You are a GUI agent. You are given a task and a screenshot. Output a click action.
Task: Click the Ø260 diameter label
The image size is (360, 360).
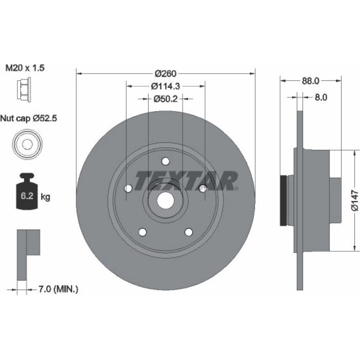pos(166,74)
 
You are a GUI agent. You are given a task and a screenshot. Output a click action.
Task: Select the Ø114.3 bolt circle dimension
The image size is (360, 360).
pos(165,86)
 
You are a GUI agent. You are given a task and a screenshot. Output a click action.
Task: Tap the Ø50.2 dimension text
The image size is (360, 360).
pos(165,99)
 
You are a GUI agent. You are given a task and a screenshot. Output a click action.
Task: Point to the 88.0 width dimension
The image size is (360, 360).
pos(310,81)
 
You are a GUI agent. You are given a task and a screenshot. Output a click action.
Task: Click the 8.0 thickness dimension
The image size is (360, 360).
pos(321,97)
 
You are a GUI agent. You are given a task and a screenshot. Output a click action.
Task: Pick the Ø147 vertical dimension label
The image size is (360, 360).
pos(355,200)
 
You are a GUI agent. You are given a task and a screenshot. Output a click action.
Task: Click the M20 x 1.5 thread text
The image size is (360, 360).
pos(25,68)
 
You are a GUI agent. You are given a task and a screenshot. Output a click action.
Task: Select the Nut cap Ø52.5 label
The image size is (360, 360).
pos(29,118)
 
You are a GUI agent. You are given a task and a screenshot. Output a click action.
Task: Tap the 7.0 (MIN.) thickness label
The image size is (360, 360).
pos(58,289)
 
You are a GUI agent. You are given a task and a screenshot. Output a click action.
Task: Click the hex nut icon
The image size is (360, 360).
pos(24,89)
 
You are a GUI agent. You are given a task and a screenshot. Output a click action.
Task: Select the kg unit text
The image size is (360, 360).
pos(45,197)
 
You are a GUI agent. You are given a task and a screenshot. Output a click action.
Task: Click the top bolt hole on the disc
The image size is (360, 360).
pos(166,161)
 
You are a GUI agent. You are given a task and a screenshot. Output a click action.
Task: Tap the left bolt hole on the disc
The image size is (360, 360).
pos(128,189)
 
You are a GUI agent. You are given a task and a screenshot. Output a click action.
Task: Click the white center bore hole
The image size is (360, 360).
pos(166,201)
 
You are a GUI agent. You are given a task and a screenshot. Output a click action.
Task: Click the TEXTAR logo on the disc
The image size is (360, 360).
pos(186,181)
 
